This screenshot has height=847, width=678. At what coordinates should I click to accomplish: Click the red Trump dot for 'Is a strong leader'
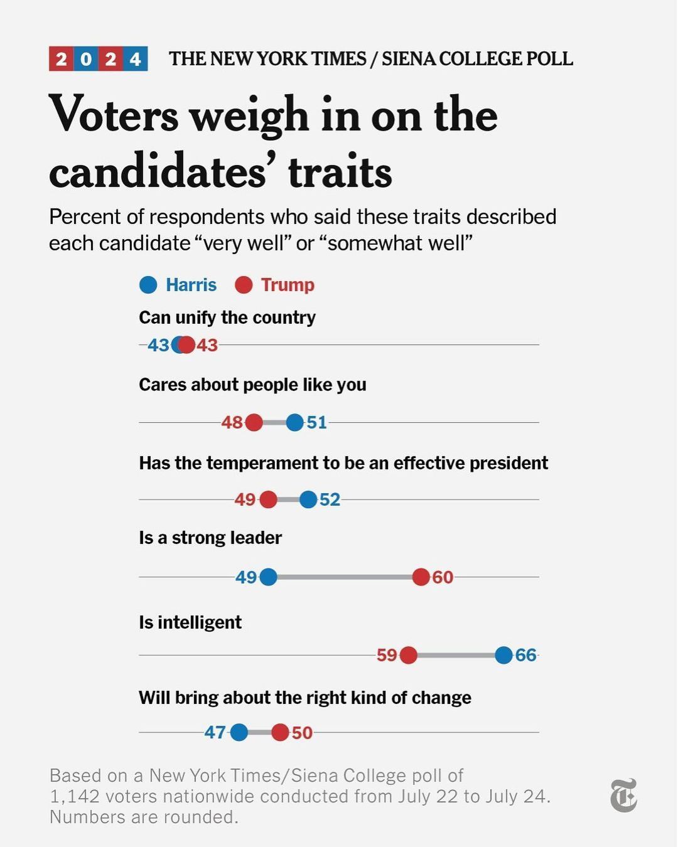click(x=421, y=577)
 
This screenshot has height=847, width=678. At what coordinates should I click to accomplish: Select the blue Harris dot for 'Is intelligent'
click(x=503, y=655)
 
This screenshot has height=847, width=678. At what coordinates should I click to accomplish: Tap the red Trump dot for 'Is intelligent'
click(x=408, y=655)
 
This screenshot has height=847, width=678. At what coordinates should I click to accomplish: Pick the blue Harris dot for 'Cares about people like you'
click(x=294, y=422)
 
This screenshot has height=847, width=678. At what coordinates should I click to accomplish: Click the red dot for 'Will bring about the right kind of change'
click(x=280, y=732)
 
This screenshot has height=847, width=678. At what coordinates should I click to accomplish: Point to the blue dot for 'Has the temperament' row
click(x=308, y=499)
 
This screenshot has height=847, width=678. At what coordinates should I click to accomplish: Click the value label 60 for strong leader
click(x=443, y=577)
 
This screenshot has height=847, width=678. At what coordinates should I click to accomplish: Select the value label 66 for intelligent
click(x=526, y=656)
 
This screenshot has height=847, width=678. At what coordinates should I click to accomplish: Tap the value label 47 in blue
click(x=215, y=733)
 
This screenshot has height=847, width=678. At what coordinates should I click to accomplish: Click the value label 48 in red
click(x=232, y=423)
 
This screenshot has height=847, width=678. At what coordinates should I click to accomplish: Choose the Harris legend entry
click(x=178, y=285)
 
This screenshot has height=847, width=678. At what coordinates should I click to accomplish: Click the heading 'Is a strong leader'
click(x=210, y=538)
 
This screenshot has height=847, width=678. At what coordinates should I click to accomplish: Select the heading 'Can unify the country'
click(x=227, y=317)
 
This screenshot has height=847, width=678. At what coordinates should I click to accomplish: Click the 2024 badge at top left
click(x=98, y=59)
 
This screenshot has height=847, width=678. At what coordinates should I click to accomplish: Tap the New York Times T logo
click(x=623, y=796)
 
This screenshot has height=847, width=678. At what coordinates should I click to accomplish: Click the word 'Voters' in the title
click(x=114, y=115)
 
